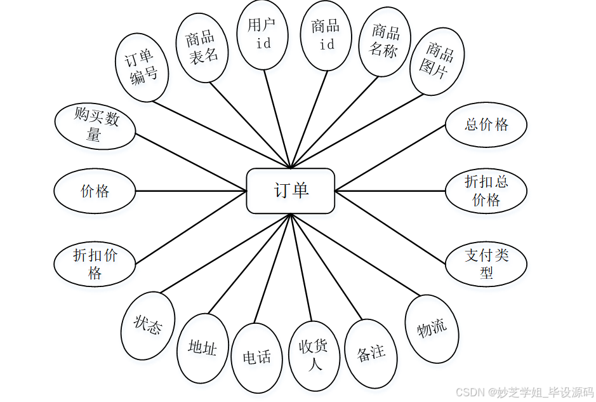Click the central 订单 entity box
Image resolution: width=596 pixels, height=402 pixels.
(x=291, y=191)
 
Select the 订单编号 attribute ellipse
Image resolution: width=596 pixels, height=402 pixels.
(x=142, y=67)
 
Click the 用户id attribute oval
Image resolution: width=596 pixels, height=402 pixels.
(x=263, y=34)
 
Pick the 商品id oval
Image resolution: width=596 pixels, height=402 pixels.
(x=326, y=35)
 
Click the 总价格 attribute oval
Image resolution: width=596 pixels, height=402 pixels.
(x=486, y=124)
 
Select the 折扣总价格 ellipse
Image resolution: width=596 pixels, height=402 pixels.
(x=486, y=191)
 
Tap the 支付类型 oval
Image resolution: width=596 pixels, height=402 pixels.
(x=486, y=264)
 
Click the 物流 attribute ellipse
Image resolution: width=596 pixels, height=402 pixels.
(x=432, y=328)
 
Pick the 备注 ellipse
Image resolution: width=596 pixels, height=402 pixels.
(x=371, y=353)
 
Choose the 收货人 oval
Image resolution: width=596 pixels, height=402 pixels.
(x=314, y=356)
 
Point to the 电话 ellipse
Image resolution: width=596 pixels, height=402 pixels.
(x=257, y=358)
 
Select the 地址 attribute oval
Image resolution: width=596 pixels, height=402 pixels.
(x=202, y=348)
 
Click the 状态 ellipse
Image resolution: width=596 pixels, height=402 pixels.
(x=147, y=325)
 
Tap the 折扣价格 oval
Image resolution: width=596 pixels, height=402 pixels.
(x=95, y=264)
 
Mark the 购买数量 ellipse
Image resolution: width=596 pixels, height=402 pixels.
(x=95, y=126)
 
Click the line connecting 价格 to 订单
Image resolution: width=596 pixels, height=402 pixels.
(x=190, y=191)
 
